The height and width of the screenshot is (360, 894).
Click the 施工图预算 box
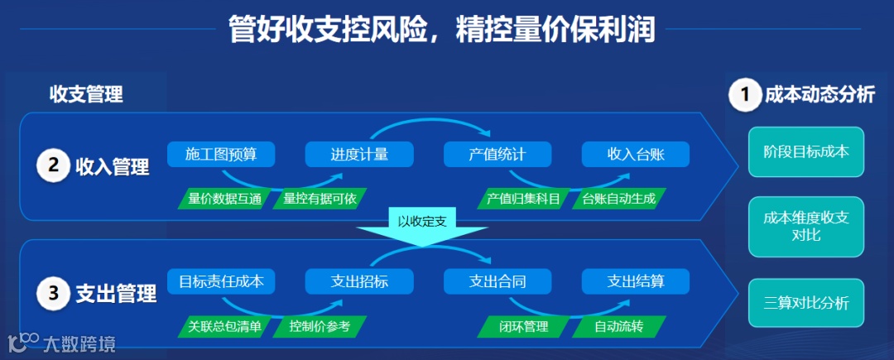221,154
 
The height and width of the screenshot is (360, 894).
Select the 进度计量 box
359,154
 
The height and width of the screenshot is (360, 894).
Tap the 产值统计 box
497,154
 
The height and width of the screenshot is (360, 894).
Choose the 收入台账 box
636,154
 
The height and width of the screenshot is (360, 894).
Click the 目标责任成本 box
221,281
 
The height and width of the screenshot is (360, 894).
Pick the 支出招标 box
359,281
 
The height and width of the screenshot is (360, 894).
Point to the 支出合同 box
497,281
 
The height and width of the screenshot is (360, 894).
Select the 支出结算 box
636,281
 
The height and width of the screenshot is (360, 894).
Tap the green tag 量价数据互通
224,199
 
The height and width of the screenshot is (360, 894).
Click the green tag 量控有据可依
320,199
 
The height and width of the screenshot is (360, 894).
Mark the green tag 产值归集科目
523,199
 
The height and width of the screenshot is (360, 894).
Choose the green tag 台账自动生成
618,199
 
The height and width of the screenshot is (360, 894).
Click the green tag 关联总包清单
224,326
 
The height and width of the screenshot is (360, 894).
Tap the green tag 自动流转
618,326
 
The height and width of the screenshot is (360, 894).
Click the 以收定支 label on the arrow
422,222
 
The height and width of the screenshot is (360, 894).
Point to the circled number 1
744,95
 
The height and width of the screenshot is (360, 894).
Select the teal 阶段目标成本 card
806,152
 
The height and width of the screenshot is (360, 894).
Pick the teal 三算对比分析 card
806,303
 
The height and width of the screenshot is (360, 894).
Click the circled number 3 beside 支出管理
53,293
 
